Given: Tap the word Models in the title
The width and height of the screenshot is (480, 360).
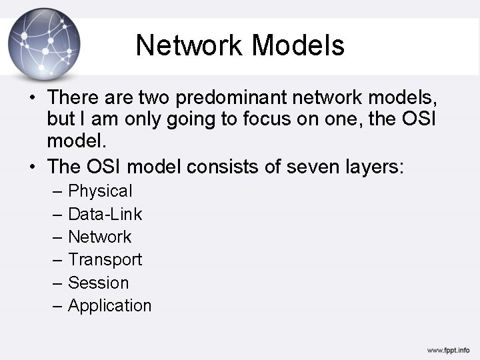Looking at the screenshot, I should [299, 45].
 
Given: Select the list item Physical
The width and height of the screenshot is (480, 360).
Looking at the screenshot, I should [100, 191].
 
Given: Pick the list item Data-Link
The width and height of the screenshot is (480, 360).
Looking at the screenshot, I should [105, 214].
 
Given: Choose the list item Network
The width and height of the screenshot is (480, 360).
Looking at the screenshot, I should [100, 237].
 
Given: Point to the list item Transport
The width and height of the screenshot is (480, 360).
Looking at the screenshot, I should [105, 259].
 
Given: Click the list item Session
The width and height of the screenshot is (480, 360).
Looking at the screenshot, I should [98, 283].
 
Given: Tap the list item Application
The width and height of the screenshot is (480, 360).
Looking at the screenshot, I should [110, 305].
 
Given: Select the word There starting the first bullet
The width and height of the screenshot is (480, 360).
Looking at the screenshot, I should [74, 97].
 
